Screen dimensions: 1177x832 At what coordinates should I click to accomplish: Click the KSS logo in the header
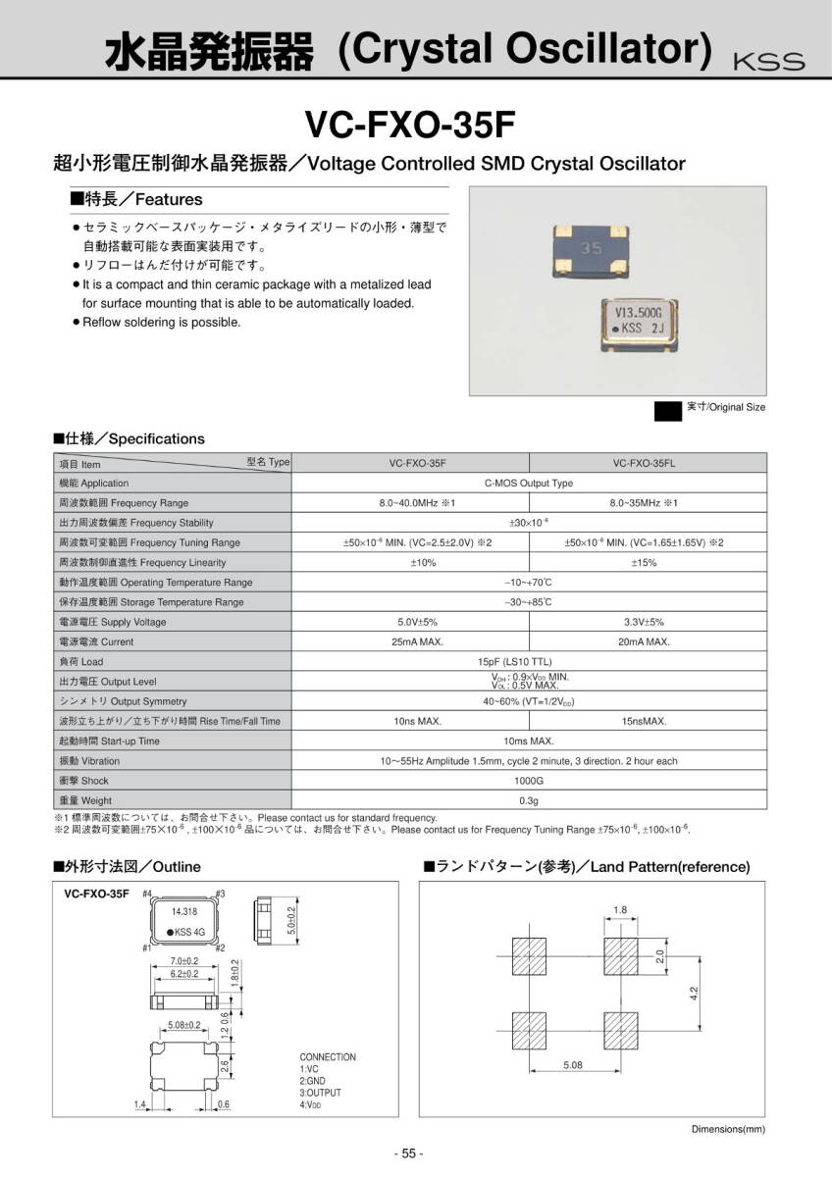768,61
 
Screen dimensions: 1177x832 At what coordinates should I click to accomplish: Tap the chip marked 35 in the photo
591,249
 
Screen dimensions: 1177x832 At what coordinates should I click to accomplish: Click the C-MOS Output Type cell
529,484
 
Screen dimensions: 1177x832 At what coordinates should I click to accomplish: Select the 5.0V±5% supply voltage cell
417,622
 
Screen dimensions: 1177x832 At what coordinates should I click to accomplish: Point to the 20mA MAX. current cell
645,641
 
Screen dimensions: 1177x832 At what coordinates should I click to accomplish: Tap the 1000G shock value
529,781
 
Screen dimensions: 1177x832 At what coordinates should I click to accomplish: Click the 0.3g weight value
529,800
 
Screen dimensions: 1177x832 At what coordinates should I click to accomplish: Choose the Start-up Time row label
109,741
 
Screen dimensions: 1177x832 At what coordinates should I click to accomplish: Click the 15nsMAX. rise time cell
645,721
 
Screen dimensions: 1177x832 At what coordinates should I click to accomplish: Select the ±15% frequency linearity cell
645,562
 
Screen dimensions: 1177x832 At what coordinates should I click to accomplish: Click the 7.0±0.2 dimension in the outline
184,960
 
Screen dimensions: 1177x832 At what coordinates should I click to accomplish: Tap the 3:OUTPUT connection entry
321,1093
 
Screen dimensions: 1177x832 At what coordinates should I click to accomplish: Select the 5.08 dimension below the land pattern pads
574,1063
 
